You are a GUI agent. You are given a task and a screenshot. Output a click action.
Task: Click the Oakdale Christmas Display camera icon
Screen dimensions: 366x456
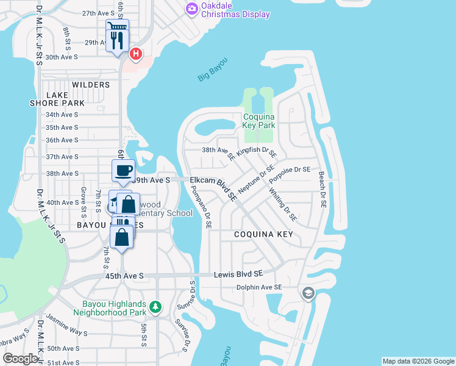(191, 8)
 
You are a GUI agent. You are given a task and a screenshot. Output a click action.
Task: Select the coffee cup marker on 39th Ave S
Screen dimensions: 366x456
(123, 170)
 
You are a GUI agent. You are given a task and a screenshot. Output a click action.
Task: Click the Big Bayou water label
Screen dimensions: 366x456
(212, 69)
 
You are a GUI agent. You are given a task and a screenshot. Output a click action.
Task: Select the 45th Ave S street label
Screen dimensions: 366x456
(125, 276)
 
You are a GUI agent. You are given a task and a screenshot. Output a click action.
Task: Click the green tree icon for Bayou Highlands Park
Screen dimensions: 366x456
(157, 306)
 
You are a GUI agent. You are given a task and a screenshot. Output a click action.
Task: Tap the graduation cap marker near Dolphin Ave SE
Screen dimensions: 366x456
(308, 294)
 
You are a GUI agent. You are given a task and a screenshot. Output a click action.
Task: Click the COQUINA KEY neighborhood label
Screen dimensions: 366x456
(263, 234)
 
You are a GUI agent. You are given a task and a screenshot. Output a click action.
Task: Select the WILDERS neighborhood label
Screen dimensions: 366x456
(91, 85)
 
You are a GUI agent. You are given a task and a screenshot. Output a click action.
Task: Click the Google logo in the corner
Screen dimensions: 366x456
(20, 358)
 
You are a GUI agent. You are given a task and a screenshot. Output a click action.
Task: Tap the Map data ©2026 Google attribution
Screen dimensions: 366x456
(418, 361)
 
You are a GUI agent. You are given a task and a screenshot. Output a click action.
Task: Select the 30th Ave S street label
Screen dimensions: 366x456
(62, 57)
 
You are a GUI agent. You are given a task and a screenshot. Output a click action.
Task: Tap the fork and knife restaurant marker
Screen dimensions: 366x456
(117, 41)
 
